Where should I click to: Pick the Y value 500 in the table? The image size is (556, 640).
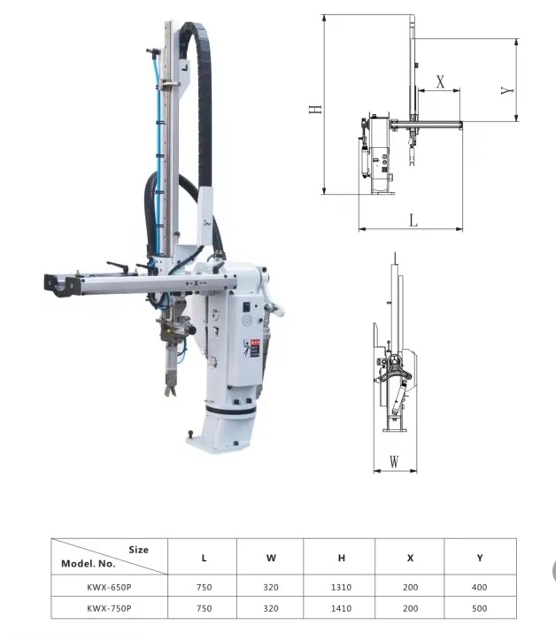(x=480, y=608)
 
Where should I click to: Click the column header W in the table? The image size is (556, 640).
(x=271, y=558)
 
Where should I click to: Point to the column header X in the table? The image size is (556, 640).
(x=410, y=558)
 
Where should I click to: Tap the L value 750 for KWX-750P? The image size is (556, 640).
(x=204, y=608)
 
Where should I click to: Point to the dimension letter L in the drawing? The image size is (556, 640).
(x=413, y=220)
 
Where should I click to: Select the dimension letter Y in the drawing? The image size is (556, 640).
(x=507, y=90)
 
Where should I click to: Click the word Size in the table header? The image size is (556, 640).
(x=139, y=549)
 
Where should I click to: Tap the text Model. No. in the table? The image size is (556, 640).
(x=89, y=563)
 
